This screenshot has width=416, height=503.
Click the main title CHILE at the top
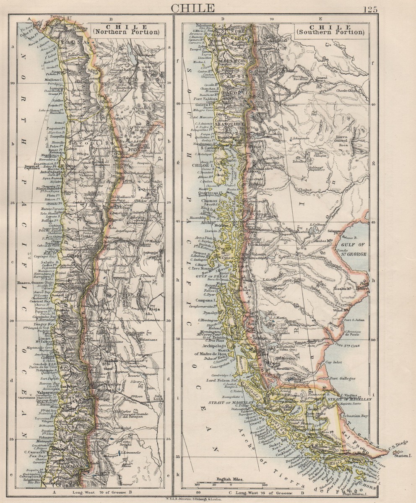[x=193, y=8]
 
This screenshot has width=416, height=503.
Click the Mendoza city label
[x=109, y=389]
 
